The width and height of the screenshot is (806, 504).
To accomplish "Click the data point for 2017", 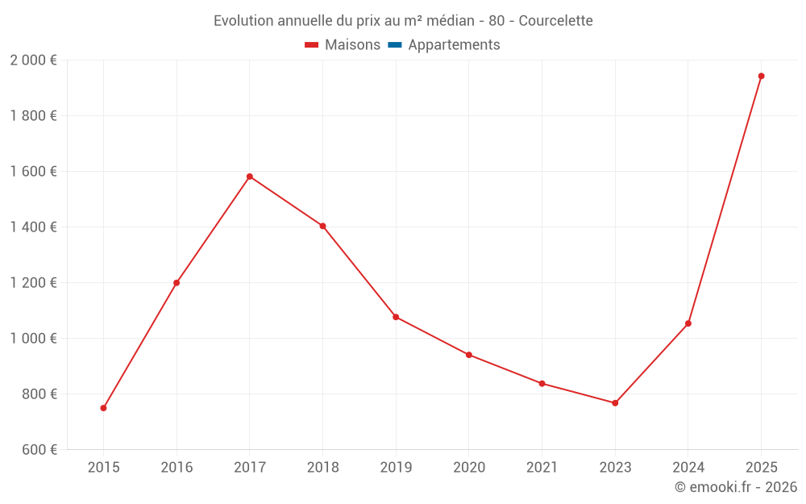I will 250,177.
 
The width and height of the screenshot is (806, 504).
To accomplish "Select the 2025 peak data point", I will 761,77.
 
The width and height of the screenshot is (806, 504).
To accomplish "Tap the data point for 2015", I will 103,408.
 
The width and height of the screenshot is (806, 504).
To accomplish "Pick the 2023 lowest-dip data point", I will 615,403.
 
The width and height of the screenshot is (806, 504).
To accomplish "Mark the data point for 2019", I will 396,317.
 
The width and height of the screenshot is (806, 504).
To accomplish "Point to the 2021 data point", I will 542,384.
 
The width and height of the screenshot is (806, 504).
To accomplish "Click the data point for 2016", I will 177,283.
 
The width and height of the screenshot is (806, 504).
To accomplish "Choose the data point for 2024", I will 688,323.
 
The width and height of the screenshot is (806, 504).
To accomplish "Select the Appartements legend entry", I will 454,45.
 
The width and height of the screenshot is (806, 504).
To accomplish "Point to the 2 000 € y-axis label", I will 33,60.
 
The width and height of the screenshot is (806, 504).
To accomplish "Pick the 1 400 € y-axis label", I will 33,227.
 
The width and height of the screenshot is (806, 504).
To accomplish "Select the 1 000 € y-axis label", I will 33,339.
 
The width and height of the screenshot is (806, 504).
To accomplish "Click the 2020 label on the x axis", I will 469,468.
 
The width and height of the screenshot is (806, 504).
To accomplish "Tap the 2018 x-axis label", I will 322,468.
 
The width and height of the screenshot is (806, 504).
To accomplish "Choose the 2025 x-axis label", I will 761,468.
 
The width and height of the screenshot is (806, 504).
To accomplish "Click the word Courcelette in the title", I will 555,21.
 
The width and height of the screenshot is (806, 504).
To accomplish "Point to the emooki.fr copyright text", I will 736,487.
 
